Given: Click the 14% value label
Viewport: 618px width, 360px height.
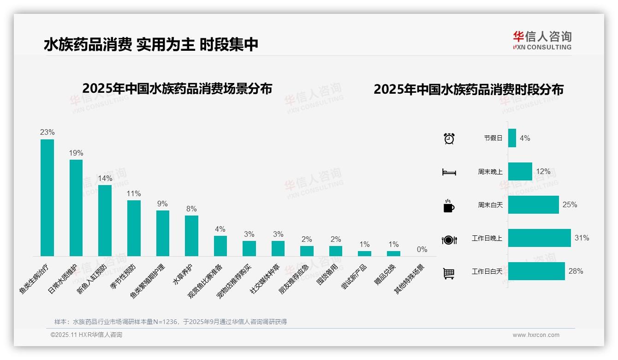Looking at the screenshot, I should tap(105, 179).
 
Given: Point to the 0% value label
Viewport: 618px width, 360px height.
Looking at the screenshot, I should tap(422, 250).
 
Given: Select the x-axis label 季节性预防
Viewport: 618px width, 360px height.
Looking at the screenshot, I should tap(124, 276).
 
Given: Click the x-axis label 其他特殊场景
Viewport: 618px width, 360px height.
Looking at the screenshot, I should tap(410, 279).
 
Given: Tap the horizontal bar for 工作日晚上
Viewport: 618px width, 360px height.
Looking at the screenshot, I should tap(539, 238).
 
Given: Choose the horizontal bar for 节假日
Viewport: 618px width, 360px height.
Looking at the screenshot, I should tap(512, 138).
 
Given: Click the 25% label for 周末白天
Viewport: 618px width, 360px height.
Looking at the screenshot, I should tap(570, 205).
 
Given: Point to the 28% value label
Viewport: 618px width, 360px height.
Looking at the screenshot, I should tap(576, 271).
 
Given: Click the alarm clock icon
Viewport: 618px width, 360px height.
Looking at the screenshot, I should tap(449, 138).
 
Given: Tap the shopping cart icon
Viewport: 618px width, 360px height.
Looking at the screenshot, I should tap(449, 273).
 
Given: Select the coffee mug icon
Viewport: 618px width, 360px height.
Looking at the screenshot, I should tap(449, 206).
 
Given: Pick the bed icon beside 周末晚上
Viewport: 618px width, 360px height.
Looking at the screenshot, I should tap(449, 172).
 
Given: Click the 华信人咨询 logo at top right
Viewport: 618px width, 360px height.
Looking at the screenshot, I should tap(542, 41).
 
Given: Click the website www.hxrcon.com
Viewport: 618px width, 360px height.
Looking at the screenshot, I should tap(536, 335).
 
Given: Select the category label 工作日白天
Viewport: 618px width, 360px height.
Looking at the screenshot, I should tap(487, 271).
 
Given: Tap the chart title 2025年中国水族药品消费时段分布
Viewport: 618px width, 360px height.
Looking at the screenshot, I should tap(469, 90).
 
